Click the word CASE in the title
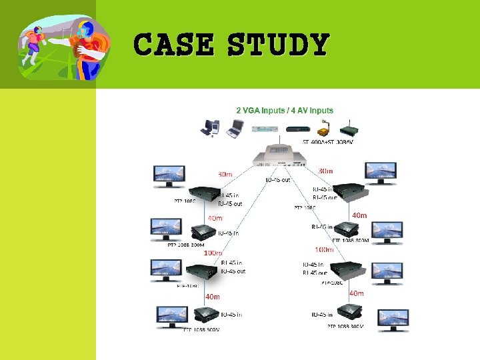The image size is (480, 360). (x=173, y=45)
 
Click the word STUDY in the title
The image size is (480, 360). (x=278, y=45)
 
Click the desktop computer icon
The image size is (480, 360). (x=211, y=127)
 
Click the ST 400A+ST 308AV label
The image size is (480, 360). (x=329, y=142)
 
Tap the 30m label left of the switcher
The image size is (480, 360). (x=225, y=175)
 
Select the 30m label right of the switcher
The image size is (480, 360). (x=325, y=171)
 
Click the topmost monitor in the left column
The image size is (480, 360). (x=173, y=175)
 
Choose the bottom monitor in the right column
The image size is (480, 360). (x=393, y=319)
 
